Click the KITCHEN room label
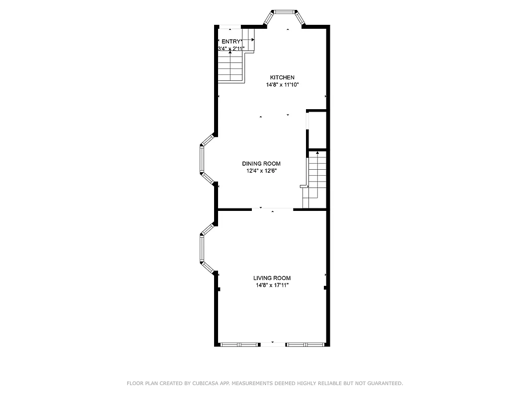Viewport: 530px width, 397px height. [282, 77]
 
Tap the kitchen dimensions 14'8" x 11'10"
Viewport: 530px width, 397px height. [282, 85]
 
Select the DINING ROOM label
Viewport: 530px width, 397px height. [261, 164]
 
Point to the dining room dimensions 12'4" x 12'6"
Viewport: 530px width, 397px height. [261, 171]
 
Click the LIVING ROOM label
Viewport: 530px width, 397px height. [272, 278]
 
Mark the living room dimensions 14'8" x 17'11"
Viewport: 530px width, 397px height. [272, 285]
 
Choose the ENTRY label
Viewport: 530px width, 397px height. [231, 42]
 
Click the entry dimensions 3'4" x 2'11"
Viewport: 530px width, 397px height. [231, 49]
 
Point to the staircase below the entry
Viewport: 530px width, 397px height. [230, 67]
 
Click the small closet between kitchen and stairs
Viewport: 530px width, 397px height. [317, 130]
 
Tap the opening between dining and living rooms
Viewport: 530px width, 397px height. [272, 209]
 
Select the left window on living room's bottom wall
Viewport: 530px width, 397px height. [240, 344]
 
